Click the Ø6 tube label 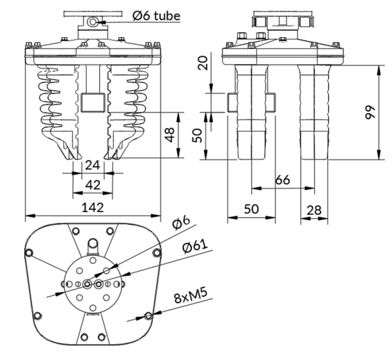[x=156, y=16]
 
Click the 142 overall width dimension [x=93, y=208]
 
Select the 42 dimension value [x=93, y=186]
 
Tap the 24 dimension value [x=93, y=165]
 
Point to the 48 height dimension [x=170, y=135]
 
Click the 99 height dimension [x=370, y=113]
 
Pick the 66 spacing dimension [x=283, y=180]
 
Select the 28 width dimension [x=314, y=210]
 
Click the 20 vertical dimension [x=203, y=63]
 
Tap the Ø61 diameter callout [x=195, y=246]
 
